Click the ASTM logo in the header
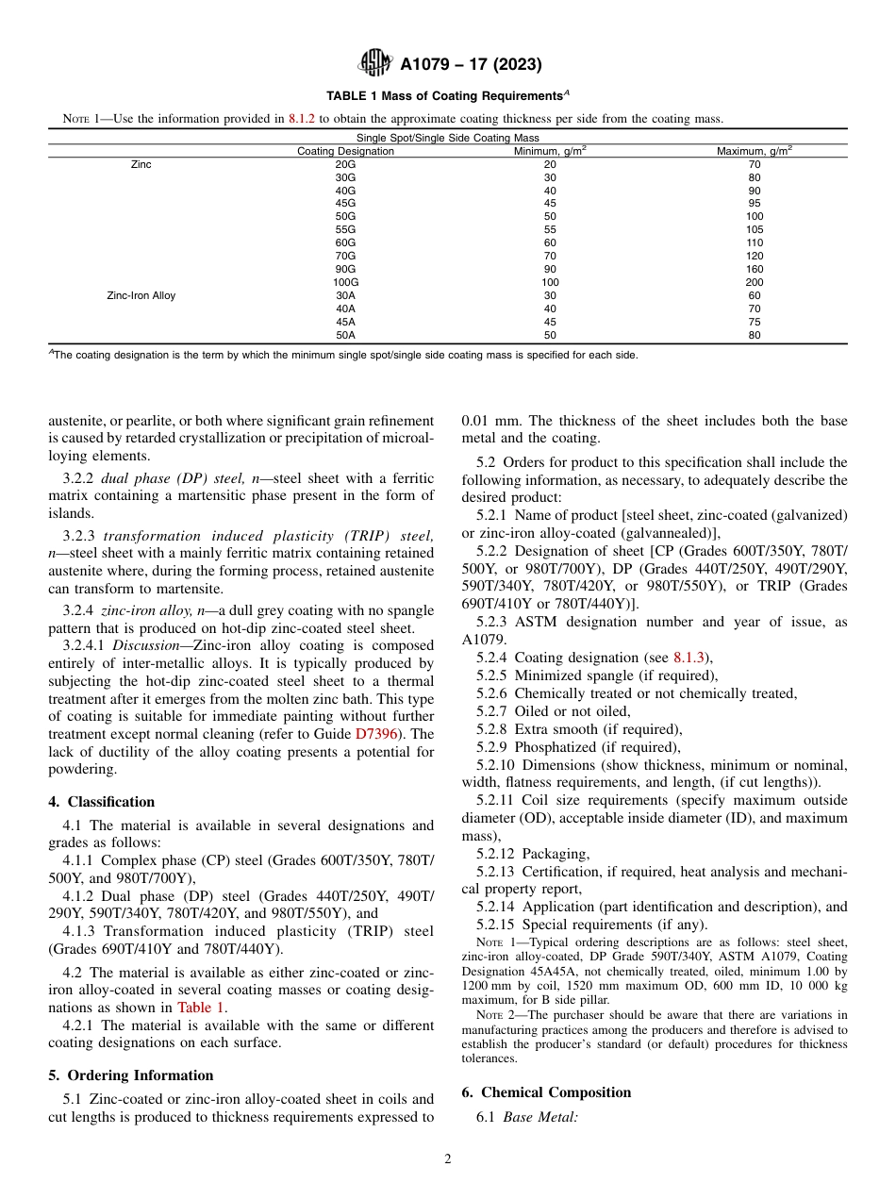point(376,64)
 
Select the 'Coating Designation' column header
point(345,151)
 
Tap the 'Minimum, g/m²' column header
point(550,151)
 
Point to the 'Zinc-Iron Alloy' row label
point(141,295)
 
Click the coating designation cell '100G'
point(345,282)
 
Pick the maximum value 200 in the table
point(754,282)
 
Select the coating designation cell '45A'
point(345,322)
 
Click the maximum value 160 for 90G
point(754,269)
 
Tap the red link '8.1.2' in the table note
point(302,119)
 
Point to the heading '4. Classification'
point(101,802)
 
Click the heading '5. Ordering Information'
point(130,1075)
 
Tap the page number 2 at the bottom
point(448,1159)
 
